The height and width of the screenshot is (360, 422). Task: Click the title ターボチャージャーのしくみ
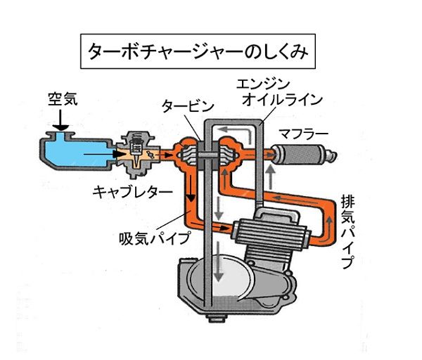(197, 52)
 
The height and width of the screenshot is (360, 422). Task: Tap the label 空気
(63, 99)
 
